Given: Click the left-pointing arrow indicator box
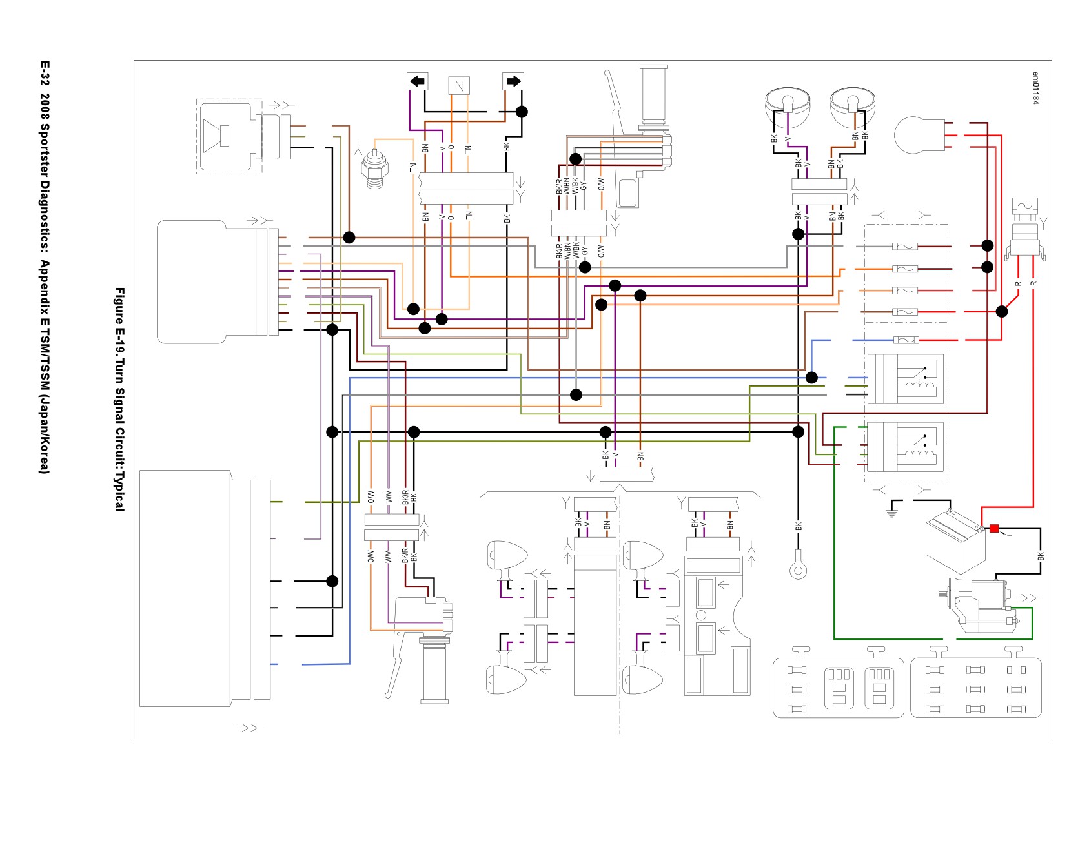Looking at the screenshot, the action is (418, 81).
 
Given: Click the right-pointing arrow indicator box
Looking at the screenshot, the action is (513, 81).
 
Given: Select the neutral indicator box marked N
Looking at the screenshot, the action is (459, 86).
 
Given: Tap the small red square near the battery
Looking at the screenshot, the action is (994, 529).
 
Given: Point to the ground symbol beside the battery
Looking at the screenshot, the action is (893, 510).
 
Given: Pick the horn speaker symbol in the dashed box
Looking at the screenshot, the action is (217, 136).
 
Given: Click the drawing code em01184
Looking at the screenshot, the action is (1035, 88).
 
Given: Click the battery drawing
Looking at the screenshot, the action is (955, 540).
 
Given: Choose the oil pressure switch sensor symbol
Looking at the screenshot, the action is (374, 168).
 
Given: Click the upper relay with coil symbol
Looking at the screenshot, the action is (905, 379).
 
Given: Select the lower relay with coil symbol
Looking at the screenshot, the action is (905, 447).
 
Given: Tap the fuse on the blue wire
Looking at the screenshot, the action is (905, 340).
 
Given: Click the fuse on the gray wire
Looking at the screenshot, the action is (905, 247).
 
